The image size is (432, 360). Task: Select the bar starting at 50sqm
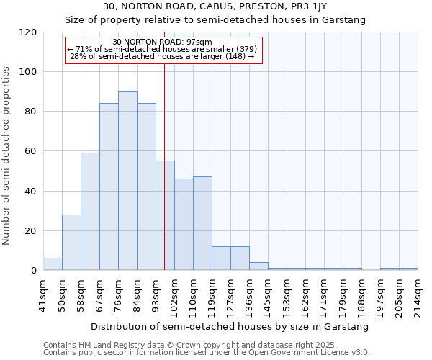pyautogui.click(x=71, y=243)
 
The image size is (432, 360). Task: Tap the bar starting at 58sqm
pyautogui.click(x=90, y=212)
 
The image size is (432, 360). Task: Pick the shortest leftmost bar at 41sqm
pyautogui.click(x=53, y=264)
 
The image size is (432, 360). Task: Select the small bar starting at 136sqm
pyautogui.click(x=258, y=266)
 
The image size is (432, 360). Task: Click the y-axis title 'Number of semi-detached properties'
pyautogui.click(x=7, y=156)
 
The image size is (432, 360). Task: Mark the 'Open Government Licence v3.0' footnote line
pyautogui.click(x=207, y=353)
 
